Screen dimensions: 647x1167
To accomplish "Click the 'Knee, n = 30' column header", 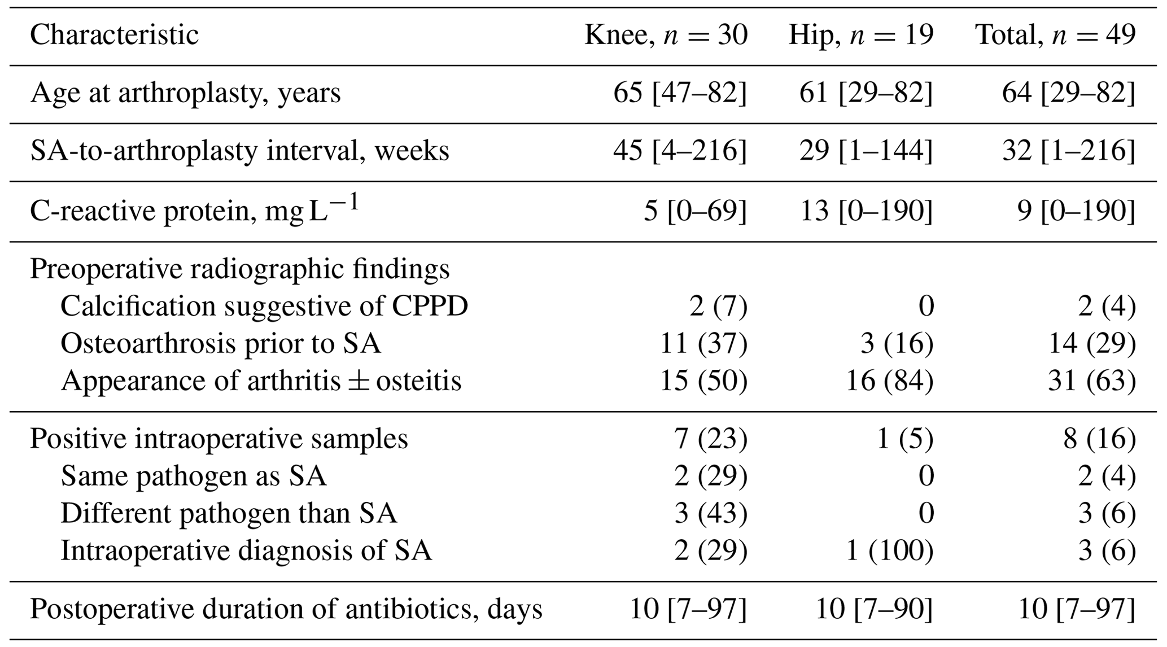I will (666, 35).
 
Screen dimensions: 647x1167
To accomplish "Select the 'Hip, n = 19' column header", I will (860, 35).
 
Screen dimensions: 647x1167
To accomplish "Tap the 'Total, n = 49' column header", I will (1055, 35).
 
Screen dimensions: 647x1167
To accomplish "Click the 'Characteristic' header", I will (114, 35).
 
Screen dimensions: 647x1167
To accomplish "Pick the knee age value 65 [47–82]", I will (680, 93).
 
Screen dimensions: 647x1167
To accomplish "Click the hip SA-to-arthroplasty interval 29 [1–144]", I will (866, 151).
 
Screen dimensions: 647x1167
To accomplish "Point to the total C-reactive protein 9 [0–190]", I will (1076, 211).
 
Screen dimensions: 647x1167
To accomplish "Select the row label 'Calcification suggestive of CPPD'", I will (264, 307).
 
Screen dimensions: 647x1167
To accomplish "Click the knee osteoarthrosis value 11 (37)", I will (703, 343).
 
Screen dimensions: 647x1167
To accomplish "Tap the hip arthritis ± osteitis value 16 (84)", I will (889, 381).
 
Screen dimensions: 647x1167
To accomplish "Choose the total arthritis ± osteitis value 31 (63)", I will (1091, 381).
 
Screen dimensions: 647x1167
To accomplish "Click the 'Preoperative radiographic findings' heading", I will (239, 269).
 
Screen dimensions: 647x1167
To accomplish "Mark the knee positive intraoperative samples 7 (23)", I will (711, 439).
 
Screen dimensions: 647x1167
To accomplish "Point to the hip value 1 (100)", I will (889, 550).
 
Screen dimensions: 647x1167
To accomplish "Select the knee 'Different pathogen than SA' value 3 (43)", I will (711, 513).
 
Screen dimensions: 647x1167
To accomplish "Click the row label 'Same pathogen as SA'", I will (193, 476).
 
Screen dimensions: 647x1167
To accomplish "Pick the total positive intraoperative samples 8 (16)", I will (1099, 439).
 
